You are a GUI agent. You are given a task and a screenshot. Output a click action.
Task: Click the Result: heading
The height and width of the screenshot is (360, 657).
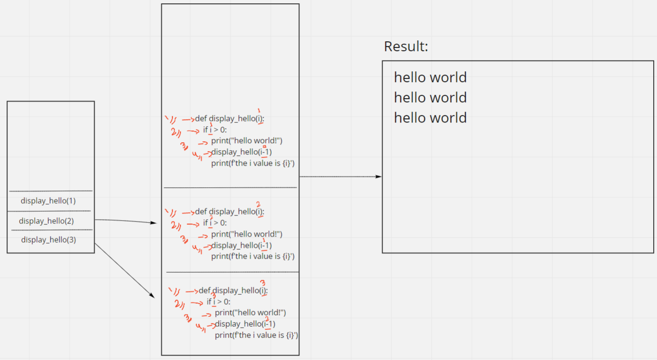pos(406,46)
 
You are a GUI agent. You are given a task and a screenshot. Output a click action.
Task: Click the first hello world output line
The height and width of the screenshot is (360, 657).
pos(430,77)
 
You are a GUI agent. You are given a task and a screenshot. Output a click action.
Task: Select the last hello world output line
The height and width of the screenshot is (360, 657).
pos(430,118)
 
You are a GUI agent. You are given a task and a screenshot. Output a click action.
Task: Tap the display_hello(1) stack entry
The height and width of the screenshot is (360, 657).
pos(48,201)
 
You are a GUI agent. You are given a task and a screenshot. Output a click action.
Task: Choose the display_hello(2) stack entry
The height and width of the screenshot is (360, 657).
pos(46,221)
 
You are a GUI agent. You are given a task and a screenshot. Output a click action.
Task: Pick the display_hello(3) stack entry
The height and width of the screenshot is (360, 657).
pos(48,240)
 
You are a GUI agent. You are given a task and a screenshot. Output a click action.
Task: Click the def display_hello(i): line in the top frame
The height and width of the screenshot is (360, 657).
pos(230,119)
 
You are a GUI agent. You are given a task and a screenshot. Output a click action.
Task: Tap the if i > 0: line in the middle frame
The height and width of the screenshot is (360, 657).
pos(215,223)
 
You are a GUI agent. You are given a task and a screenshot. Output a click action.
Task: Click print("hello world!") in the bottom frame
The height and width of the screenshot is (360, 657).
pos(250,313)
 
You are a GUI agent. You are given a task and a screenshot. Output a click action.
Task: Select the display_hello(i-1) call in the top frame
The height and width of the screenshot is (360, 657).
pos(242,152)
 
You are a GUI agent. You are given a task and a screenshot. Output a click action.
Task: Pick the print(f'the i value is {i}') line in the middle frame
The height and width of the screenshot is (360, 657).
pos(253,256)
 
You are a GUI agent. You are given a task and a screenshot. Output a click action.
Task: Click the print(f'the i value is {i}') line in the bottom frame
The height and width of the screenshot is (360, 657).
pos(257,335)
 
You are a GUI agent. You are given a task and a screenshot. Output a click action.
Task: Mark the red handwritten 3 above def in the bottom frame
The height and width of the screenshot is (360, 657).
pos(263,283)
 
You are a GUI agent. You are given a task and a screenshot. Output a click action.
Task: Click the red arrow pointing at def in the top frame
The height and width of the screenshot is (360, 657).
pos(188,119)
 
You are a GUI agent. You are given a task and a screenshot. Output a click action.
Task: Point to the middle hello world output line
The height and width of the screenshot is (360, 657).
pos(430,98)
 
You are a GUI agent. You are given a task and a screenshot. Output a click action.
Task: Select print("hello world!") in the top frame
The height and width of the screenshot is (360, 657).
pos(247,141)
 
